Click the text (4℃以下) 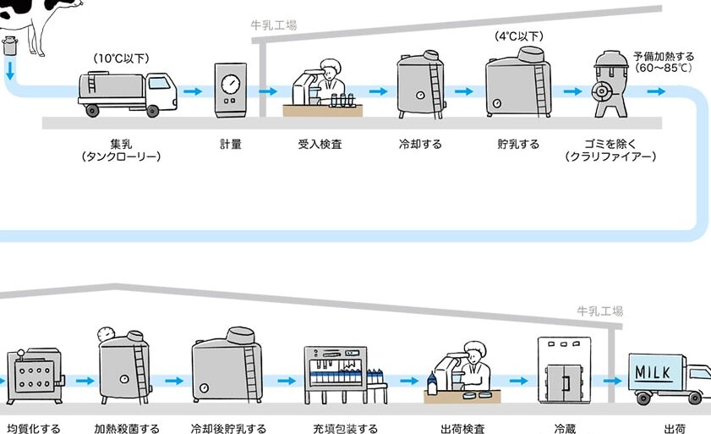point(519,36)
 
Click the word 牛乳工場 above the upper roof point(274,25)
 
